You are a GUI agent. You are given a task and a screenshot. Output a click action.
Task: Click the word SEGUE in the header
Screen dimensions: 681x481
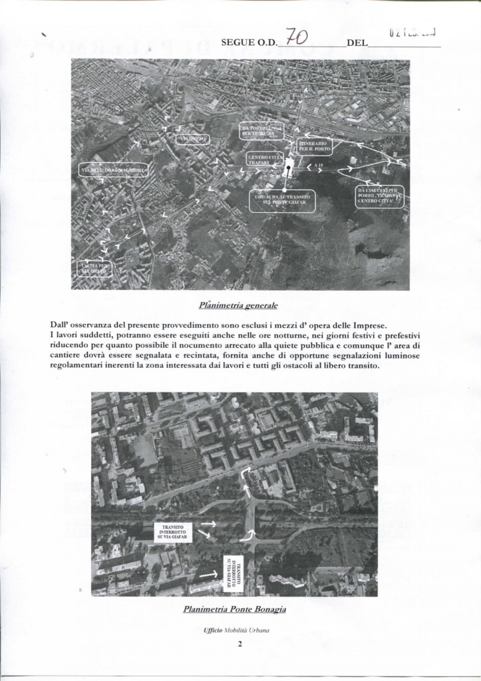[237, 43]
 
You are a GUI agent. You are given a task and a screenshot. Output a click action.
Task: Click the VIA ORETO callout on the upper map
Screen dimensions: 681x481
[192, 138]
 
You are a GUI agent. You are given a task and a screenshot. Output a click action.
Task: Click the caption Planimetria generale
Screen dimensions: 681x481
[238, 307]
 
